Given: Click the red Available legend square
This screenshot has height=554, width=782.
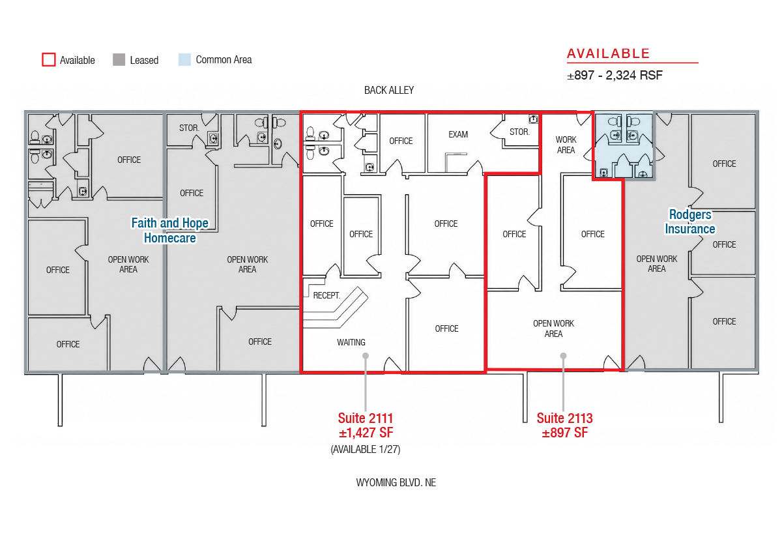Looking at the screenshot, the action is click(48, 59).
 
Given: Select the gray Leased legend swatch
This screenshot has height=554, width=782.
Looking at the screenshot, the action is click(119, 59).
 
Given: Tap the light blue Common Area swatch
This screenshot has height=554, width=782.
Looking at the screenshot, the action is click(184, 59).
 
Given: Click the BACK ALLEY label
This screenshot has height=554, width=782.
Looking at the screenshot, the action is click(389, 91).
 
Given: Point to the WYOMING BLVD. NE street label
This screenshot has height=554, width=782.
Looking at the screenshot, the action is click(396, 482).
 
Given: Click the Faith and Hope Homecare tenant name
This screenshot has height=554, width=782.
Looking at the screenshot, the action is click(169, 230).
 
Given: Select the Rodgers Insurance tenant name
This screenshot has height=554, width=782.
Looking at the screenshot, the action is click(690, 222).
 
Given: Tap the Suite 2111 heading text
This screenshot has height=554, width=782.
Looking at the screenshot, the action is click(366, 418).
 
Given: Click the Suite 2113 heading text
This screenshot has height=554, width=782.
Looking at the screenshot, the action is click(564, 418).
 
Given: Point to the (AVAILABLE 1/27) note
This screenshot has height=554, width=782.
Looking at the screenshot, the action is click(366, 449).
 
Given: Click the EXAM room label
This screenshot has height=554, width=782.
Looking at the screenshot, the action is click(458, 134).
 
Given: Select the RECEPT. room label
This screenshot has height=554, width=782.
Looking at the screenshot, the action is click(326, 295).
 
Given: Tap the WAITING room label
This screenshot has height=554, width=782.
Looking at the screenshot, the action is click(351, 342).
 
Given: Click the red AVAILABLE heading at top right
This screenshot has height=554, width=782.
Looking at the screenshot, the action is click(608, 53).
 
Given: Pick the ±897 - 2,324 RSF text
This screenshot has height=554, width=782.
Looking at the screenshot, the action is click(615, 75).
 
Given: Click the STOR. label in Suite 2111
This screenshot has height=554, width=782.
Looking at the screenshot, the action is click(519, 132).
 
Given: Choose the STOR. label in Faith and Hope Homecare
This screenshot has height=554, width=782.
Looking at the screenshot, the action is click(189, 128).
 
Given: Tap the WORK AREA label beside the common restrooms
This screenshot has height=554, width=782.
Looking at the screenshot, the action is click(566, 145).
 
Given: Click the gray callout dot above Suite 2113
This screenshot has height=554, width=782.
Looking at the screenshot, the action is click(563, 356).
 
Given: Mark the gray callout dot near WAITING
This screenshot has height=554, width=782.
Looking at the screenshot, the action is click(366, 356).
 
